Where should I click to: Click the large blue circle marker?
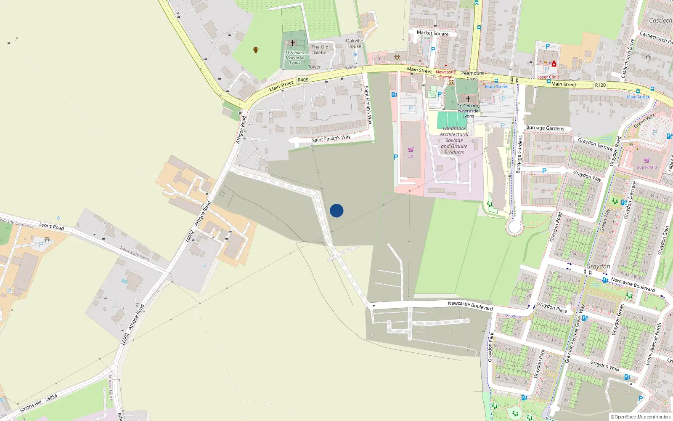(336, 210)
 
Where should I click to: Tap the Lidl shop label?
(411, 156)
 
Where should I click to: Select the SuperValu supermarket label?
(647, 167)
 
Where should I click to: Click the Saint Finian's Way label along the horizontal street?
(331, 139)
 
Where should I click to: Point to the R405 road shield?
(303, 80)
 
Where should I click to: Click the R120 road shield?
(600, 85)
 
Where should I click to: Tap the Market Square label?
(432, 33)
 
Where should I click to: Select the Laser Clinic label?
(548, 77)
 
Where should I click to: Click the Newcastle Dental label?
(445, 75)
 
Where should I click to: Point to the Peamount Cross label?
(472, 76)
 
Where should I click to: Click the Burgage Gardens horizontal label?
(545, 128)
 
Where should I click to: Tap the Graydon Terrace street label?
(595, 144)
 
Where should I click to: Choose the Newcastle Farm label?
(134, 253)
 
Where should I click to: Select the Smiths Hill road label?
(31, 406)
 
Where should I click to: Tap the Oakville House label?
(354, 43)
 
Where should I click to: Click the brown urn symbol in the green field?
(255, 50)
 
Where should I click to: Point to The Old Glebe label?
(320, 50)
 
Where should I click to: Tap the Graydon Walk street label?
(604, 365)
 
